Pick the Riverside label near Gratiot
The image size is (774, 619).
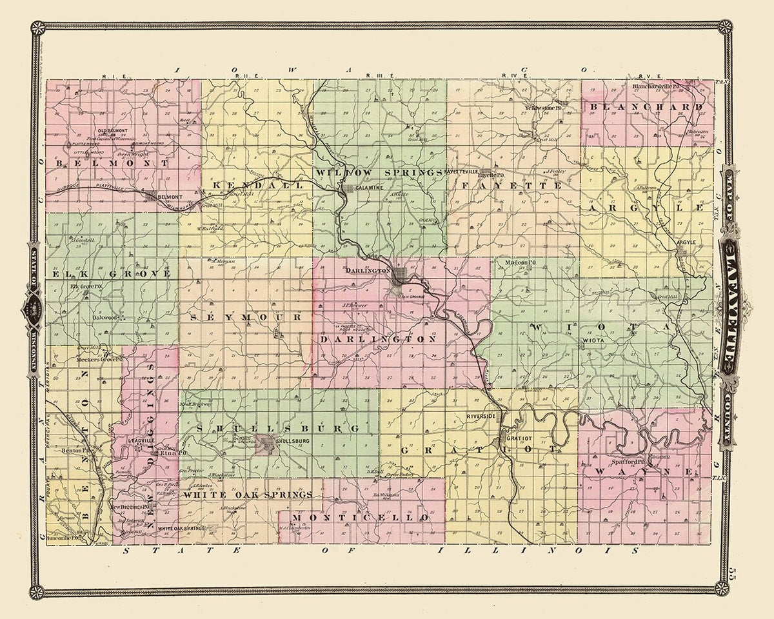[481, 417]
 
